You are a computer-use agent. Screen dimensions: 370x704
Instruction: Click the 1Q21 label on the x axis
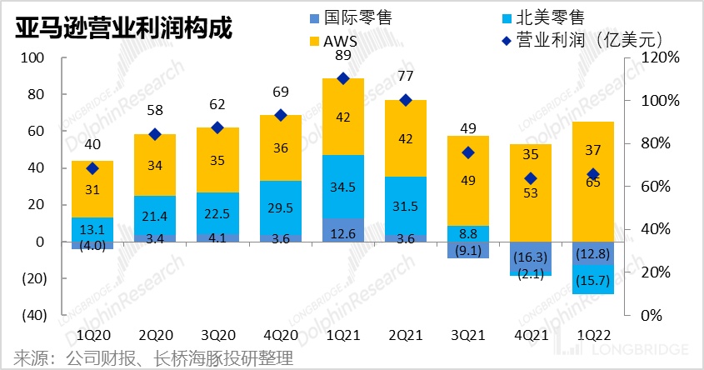click(342, 334)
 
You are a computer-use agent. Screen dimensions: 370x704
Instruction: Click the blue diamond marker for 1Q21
click(342, 78)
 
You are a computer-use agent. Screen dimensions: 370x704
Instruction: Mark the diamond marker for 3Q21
click(468, 152)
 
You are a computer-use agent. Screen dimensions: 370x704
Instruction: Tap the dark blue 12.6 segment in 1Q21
click(342, 230)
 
